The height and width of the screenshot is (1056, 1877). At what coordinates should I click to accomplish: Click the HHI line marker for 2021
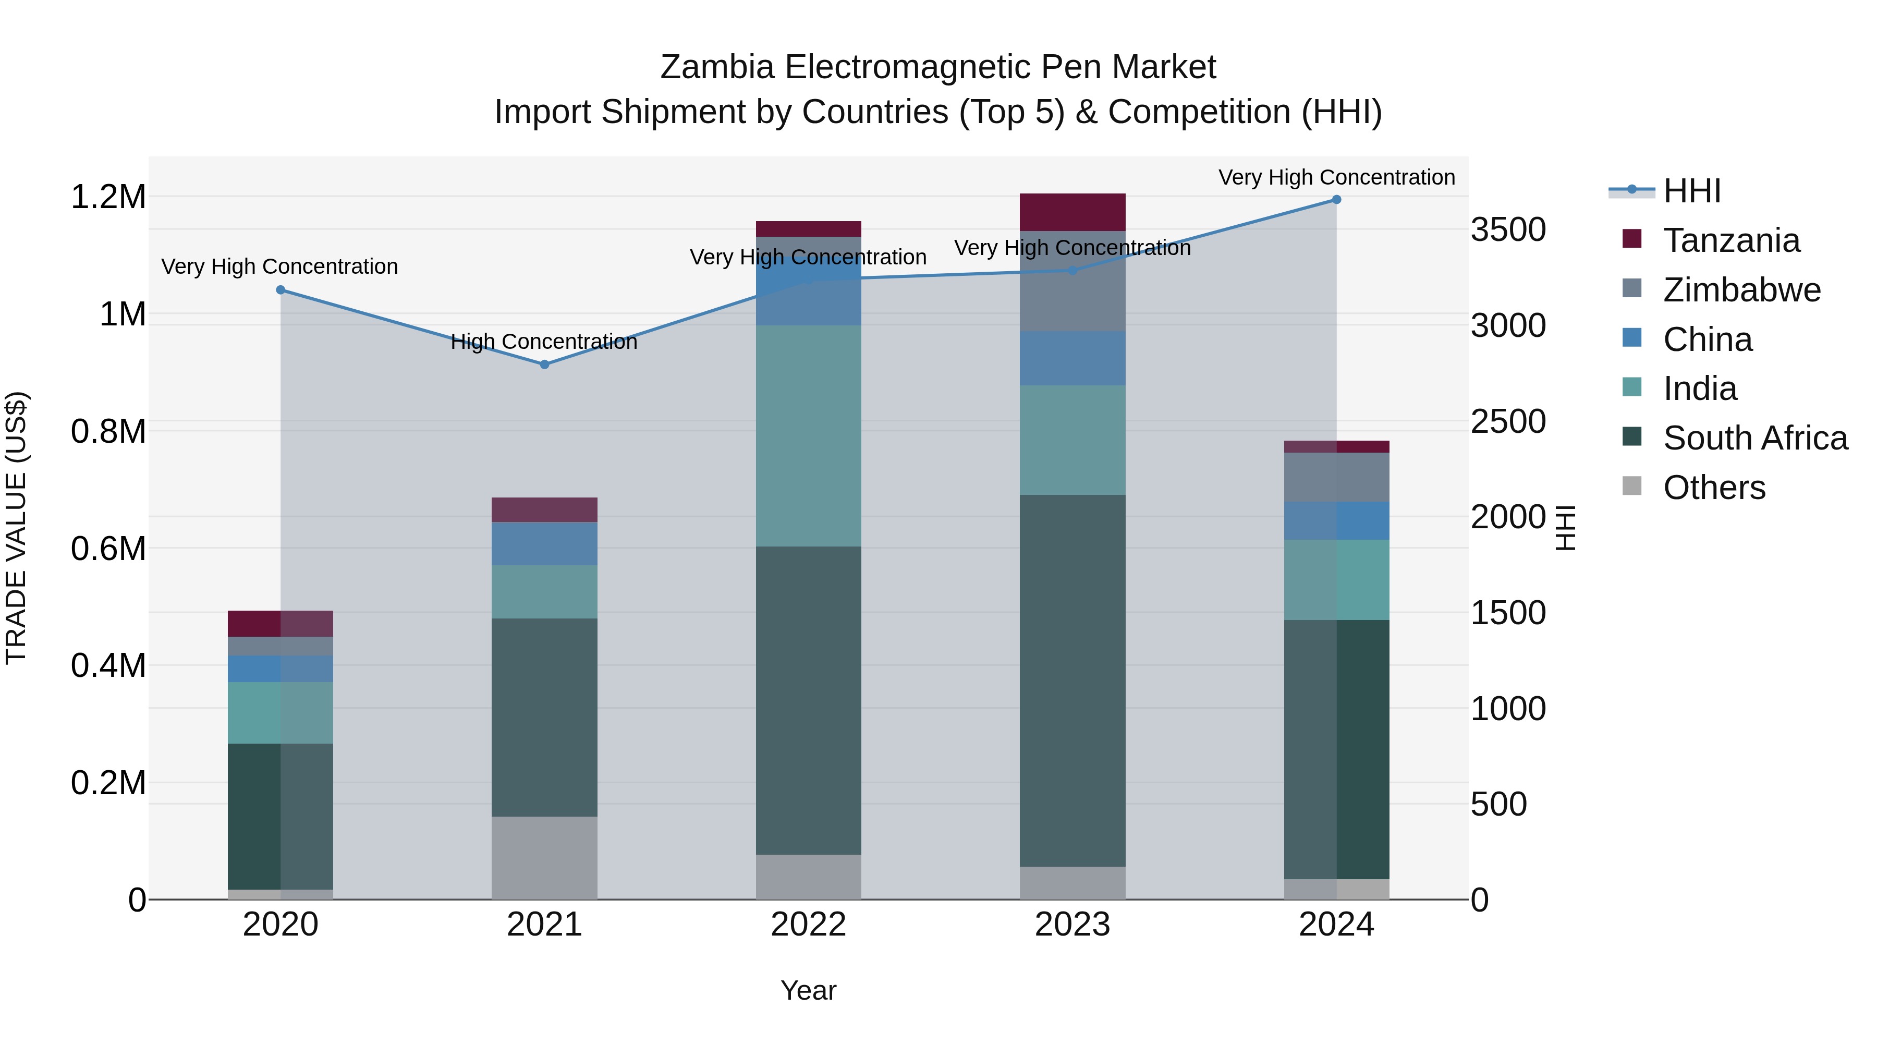[544, 365]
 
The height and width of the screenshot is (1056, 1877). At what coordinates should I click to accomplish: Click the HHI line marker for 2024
[1336, 200]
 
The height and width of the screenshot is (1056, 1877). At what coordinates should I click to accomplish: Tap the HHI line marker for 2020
[281, 290]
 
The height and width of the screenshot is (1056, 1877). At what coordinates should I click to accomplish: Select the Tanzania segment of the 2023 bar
[1072, 212]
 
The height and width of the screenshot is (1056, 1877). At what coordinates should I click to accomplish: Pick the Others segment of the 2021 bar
[544, 858]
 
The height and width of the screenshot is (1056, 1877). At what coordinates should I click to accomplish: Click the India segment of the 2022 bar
[808, 436]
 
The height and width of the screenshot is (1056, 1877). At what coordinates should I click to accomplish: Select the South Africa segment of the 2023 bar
[1072, 681]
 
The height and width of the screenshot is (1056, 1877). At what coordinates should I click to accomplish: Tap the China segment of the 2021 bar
[544, 544]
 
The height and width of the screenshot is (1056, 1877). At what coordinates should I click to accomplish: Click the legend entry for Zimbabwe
[1741, 290]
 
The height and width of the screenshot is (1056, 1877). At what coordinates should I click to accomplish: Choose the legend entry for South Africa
[1754, 438]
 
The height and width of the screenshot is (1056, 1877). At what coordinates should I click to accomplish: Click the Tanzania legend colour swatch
[1632, 239]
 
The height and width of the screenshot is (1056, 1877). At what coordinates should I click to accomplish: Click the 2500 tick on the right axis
[1507, 421]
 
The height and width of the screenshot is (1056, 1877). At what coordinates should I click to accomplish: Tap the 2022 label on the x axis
[808, 925]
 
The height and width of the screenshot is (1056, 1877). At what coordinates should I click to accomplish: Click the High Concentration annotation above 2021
[544, 341]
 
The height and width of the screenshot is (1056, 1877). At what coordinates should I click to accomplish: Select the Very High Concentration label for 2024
[1336, 177]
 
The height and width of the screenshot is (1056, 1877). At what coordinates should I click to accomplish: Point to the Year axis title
[808, 990]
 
